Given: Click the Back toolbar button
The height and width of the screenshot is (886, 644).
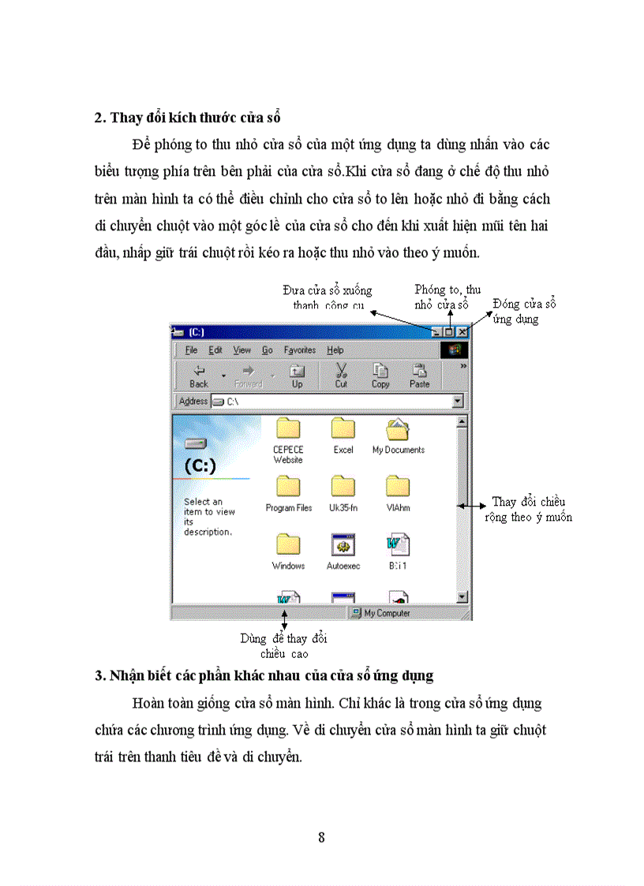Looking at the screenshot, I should [x=199, y=376].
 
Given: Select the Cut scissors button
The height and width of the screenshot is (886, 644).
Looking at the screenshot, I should [x=341, y=375].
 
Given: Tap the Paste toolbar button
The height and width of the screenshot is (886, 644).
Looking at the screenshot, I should [x=419, y=375].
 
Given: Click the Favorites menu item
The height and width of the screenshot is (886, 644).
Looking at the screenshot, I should [x=299, y=350].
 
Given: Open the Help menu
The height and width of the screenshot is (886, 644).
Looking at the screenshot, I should [x=335, y=350].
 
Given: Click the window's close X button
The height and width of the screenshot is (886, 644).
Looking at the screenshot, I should [x=462, y=333].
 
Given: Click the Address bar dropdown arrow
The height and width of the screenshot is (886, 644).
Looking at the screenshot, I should [x=458, y=402].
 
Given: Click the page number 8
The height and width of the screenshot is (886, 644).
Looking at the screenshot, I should [x=321, y=837].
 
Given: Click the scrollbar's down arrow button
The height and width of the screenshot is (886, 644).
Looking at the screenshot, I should [x=462, y=597].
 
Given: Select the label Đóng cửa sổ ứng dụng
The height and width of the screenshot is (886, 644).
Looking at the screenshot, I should [x=525, y=312].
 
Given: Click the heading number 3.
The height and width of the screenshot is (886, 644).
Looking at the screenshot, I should [x=99, y=675].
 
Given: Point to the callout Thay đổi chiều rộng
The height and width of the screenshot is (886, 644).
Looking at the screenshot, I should [x=528, y=510].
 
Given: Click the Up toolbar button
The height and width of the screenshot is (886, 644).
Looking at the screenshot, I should [x=297, y=376].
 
